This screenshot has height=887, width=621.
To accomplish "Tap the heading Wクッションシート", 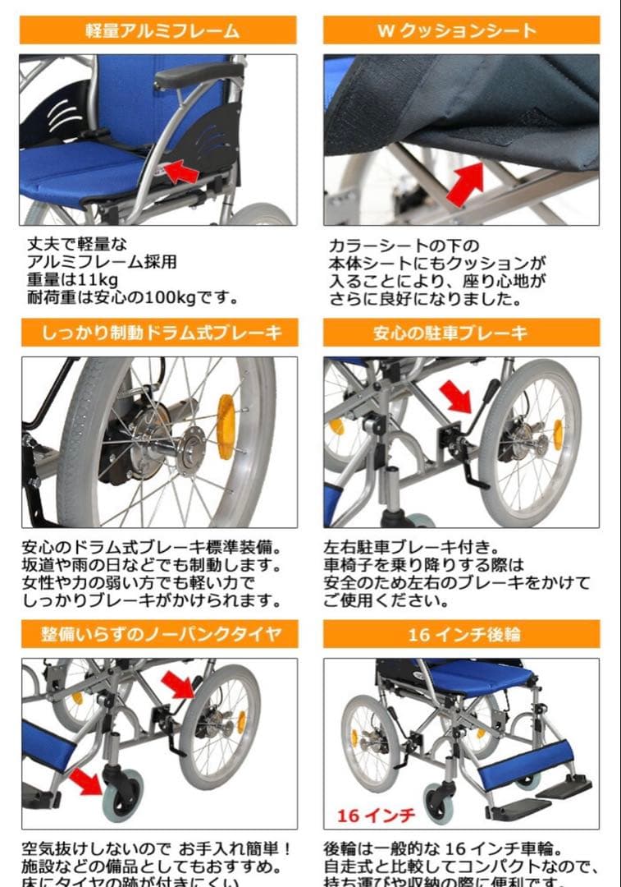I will (x=462, y=32).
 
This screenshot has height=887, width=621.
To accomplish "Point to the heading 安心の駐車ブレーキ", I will (x=462, y=333).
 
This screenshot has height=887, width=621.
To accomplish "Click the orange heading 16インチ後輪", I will (x=462, y=634).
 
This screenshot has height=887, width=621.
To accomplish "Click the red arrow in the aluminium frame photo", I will (x=182, y=172).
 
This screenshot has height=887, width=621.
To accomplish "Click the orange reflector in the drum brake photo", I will (x=225, y=427).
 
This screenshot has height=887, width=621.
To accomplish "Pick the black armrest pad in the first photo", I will (x=199, y=75).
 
